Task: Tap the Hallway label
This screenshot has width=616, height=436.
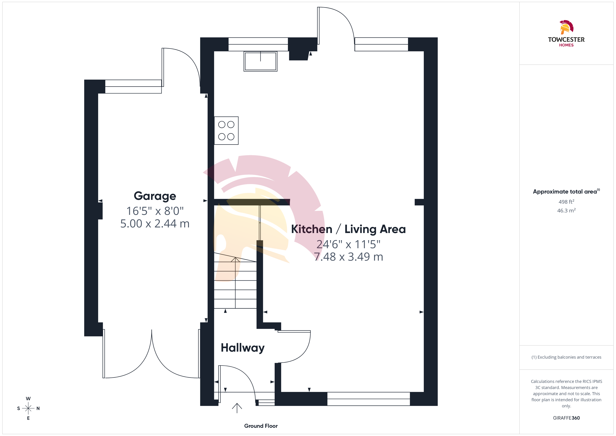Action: coord(243,348)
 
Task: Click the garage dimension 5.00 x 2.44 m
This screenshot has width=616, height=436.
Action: coord(155,224)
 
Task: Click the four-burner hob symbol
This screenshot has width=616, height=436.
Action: coord(226,130)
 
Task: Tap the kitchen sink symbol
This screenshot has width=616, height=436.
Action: coord(260,61)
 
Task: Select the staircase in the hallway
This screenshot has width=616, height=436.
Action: coord(235,281)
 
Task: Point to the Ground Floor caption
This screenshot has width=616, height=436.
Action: coord(261,426)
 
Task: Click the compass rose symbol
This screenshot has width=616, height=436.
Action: coord(28,409)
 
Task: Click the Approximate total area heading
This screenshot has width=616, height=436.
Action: coord(566,191)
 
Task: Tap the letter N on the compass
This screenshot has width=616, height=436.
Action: coord(38,409)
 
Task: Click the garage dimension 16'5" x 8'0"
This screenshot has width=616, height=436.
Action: coord(155,211)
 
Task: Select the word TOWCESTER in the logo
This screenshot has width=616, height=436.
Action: coord(566,39)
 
